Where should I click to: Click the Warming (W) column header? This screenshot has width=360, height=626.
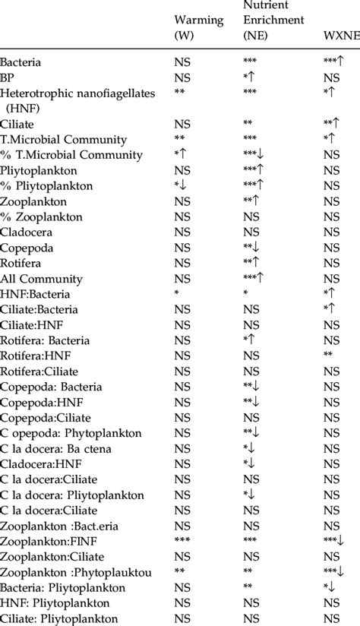(199, 28)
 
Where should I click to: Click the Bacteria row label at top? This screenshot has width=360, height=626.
(21, 62)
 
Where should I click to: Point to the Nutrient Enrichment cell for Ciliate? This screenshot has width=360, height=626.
(248, 123)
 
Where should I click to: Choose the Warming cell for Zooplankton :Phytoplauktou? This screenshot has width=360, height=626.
(181, 574)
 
